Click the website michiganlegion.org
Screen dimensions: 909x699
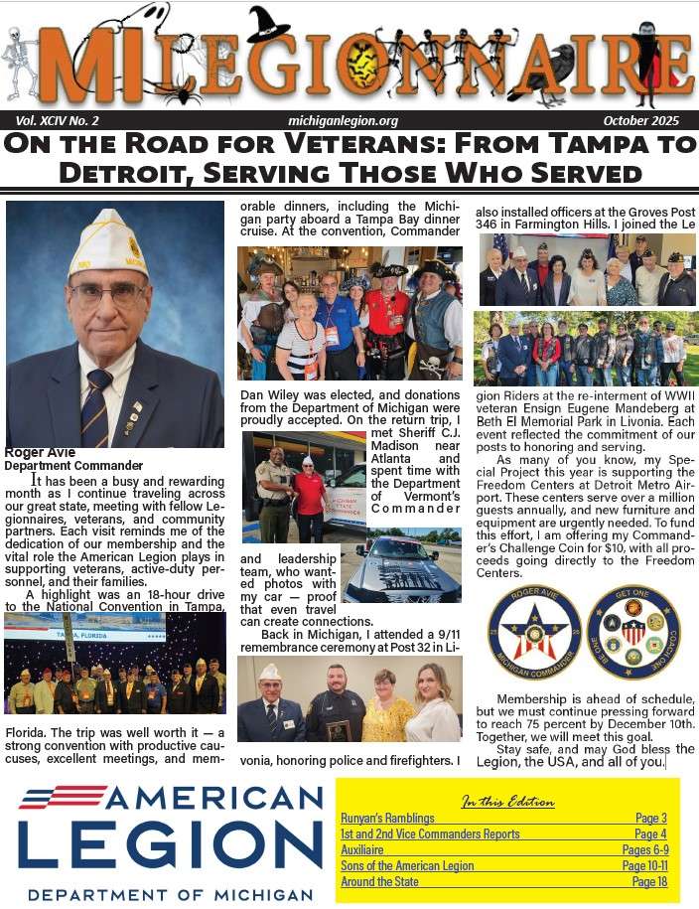(x=343, y=120)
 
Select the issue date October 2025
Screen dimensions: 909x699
(x=640, y=120)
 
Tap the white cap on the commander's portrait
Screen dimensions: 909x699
(x=107, y=242)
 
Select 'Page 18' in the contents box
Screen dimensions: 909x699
(x=649, y=881)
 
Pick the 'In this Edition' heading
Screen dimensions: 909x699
(x=507, y=801)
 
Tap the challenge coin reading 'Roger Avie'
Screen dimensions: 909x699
(x=534, y=632)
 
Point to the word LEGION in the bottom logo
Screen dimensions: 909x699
(x=170, y=843)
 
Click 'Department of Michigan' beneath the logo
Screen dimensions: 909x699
(x=170, y=894)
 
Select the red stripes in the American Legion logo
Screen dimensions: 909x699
(x=63, y=797)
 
